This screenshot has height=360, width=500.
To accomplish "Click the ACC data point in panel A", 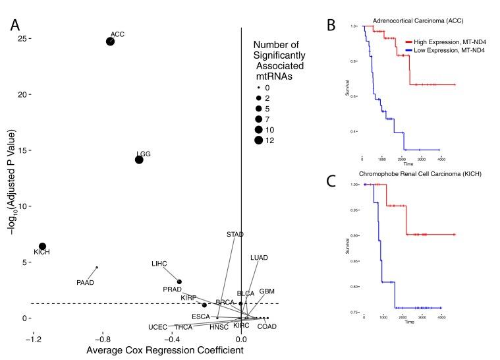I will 110,42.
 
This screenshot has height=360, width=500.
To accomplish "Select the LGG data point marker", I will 139,160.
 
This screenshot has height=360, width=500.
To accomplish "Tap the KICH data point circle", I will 43,247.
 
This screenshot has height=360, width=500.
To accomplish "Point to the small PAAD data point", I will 97,267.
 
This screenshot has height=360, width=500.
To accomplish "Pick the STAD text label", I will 235,235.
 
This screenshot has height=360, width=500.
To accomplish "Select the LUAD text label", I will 260,257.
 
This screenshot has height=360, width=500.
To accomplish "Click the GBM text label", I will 267,291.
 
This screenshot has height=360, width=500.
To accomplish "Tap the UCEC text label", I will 158,327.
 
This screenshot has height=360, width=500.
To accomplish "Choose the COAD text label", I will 267,326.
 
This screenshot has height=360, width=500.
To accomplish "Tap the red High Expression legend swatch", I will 408,41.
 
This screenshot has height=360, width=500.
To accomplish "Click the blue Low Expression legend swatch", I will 408,50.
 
